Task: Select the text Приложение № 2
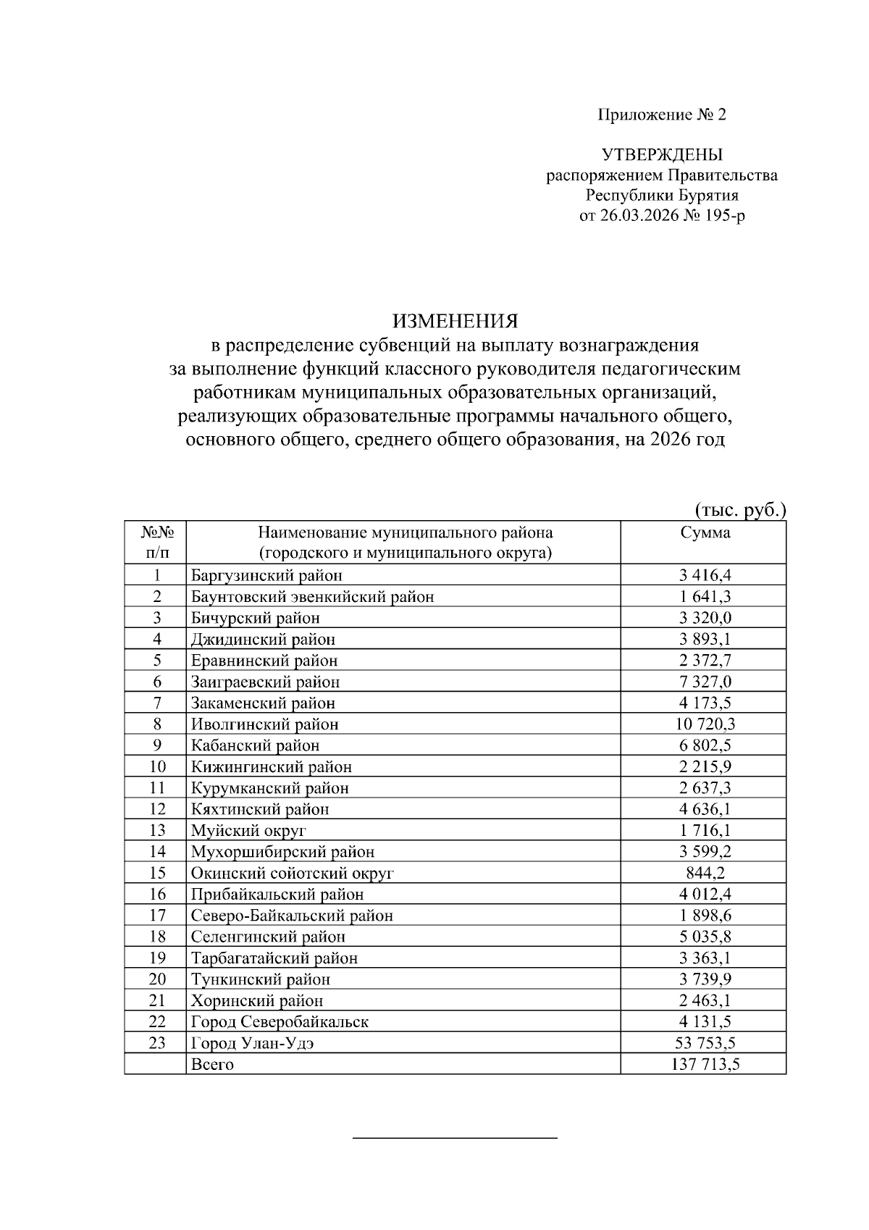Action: pyautogui.click(x=661, y=114)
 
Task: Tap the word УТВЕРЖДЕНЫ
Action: pyautogui.click(x=662, y=154)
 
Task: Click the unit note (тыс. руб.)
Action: pyautogui.click(x=740, y=510)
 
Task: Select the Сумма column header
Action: pyautogui.click(x=705, y=533)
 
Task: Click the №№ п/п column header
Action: pyautogui.click(x=157, y=543)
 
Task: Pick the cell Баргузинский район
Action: pyautogui.click(x=266, y=575)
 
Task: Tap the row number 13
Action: pyautogui.click(x=157, y=830)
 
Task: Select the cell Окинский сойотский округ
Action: pyautogui.click(x=292, y=873)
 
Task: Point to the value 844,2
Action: pyautogui.click(x=705, y=873)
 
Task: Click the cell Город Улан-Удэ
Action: pyautogui.click(x=252, y=1043)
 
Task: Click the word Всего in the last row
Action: pyautogui.click(x=212, y=1064)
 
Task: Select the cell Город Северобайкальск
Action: pyautogui.click(x=280, y=1022)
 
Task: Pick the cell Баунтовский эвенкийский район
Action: pyautogui.click(x=312, y=597)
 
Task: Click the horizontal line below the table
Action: pyautogui.click(x=455, y=1139)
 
